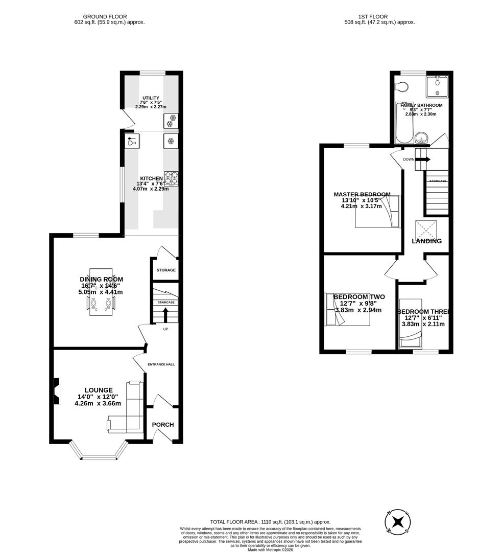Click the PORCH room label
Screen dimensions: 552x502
click(x=162, y=425)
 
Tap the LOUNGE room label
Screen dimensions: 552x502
click(x=98, y=390)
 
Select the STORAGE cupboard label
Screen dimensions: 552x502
click(x=166, y=270)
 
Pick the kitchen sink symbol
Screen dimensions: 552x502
click(x=132, y=141)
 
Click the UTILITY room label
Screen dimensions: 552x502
click(x=151, y=98)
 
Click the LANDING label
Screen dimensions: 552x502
click(x=426, y=241)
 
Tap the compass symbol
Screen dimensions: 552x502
click(x=398, y=522)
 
